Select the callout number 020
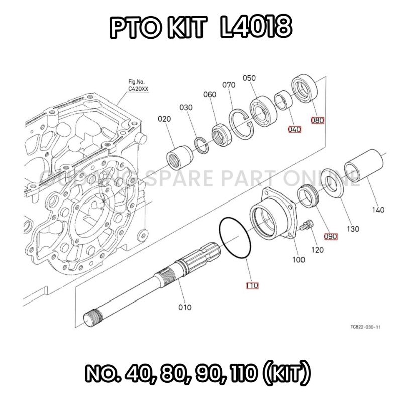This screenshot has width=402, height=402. [x=164, y=119]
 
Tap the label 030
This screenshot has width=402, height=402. [x=186, y=108]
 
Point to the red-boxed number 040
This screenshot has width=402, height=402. [x=294, y=129]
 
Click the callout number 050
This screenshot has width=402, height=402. [x=249, y=78]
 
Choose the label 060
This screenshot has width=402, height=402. [x=210, y=95]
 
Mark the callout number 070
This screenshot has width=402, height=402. [x=229, y=85]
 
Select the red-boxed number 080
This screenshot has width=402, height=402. [x=318, y=120]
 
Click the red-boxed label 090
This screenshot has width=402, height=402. [x=330, y=236]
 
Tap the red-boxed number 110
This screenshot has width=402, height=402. [x=252, y=286]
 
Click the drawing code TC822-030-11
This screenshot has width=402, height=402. [x=365, y=327]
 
